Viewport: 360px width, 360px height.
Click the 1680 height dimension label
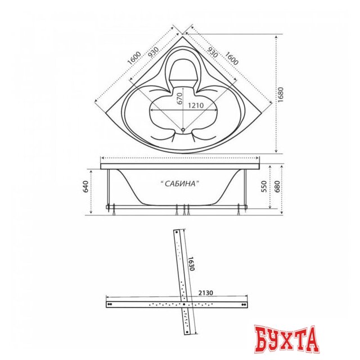point(281,94)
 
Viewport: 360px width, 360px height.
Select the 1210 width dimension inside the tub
point(196,105)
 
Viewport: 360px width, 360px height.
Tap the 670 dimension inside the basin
point(179,98)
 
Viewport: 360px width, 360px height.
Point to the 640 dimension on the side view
point(85,186)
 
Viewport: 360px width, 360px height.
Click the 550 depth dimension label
point(265,186)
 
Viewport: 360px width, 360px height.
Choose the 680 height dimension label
point(277,186)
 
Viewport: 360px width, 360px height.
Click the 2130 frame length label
point(206,292)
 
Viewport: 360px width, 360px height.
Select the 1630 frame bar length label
point(192,264)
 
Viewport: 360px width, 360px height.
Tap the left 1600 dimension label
point(134,58)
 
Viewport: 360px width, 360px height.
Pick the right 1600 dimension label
point(231,58)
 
